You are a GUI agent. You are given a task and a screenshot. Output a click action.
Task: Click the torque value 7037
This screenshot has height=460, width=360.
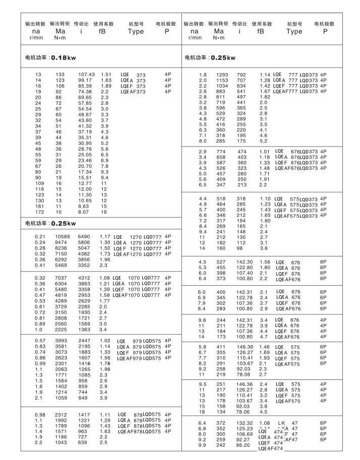click(x=61, y=278)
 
